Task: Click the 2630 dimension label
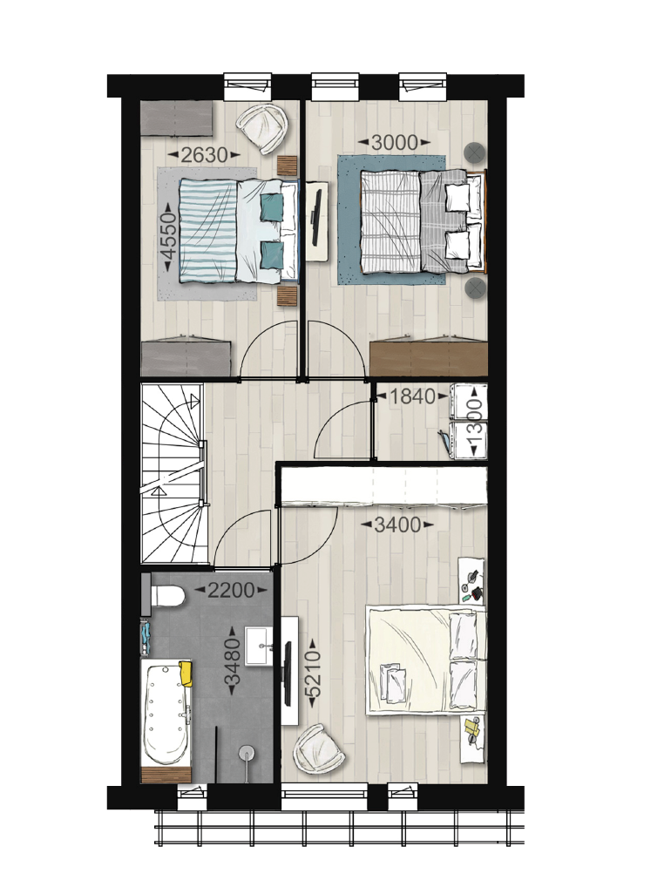click(x=204, y=154)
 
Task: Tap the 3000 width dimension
click(x=395, y=143)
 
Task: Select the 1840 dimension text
click(x=414, y=396)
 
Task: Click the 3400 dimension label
click(x=397, y=525)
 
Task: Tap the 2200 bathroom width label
click(x=230, y=590)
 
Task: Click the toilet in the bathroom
click(x=164, y=596)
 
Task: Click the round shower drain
click(x=247, y=752)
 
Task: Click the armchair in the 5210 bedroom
click(x=319, y=748)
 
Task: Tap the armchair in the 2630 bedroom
click(x=262, y=128)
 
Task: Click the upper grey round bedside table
click(x=475, y=152)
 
